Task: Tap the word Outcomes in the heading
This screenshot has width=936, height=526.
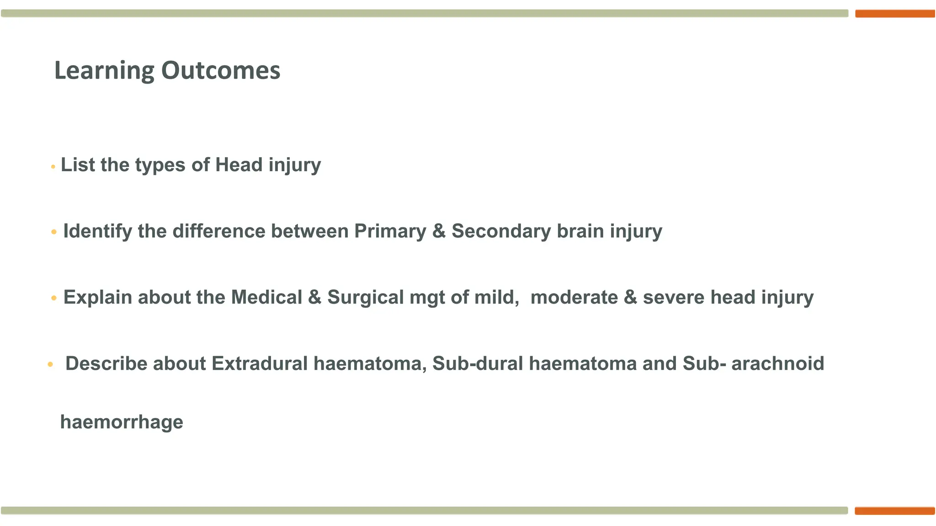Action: (x=220, y=71)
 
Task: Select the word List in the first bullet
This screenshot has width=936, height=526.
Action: (x=75, y=165)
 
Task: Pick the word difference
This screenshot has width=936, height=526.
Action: (x=218, y=231)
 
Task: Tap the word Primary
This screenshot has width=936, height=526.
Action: (x=390, y=231)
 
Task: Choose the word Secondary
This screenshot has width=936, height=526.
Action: (x=501, y=231)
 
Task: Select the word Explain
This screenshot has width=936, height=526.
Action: (x=97, y=298)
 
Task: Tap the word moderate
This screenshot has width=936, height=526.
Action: (x=574, y=297)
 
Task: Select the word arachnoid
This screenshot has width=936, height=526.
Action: (x=777, y=363)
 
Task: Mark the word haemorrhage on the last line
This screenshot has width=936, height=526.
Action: (x=122, y=422)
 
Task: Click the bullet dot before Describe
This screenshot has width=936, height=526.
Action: (x=50, y=364)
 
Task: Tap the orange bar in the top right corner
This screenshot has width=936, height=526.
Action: (x=895, y=14)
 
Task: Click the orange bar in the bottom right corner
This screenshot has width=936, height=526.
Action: (x=895, y=511)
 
